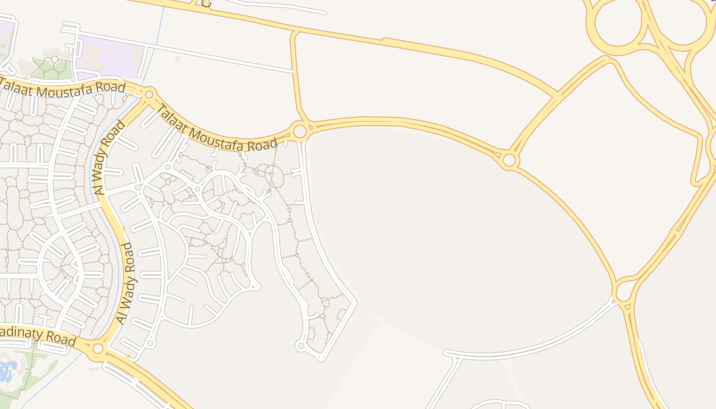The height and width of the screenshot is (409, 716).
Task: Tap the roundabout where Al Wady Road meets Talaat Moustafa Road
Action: click(149, 94)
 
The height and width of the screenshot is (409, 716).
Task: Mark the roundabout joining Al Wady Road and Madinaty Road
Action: click(98, 349)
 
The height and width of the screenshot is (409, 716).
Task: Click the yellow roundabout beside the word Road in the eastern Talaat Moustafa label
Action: click(300, 131)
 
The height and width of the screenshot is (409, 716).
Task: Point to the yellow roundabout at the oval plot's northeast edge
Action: click(509, 160)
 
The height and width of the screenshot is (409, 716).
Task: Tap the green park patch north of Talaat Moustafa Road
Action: click(51, 69)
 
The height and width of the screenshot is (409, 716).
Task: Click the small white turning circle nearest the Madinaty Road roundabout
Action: click(150, 343)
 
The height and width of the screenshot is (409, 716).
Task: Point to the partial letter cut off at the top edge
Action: click(206, 3)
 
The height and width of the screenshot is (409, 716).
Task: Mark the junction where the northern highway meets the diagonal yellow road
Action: click(557, 95)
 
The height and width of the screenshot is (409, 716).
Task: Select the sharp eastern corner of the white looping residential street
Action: click(354, 303)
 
